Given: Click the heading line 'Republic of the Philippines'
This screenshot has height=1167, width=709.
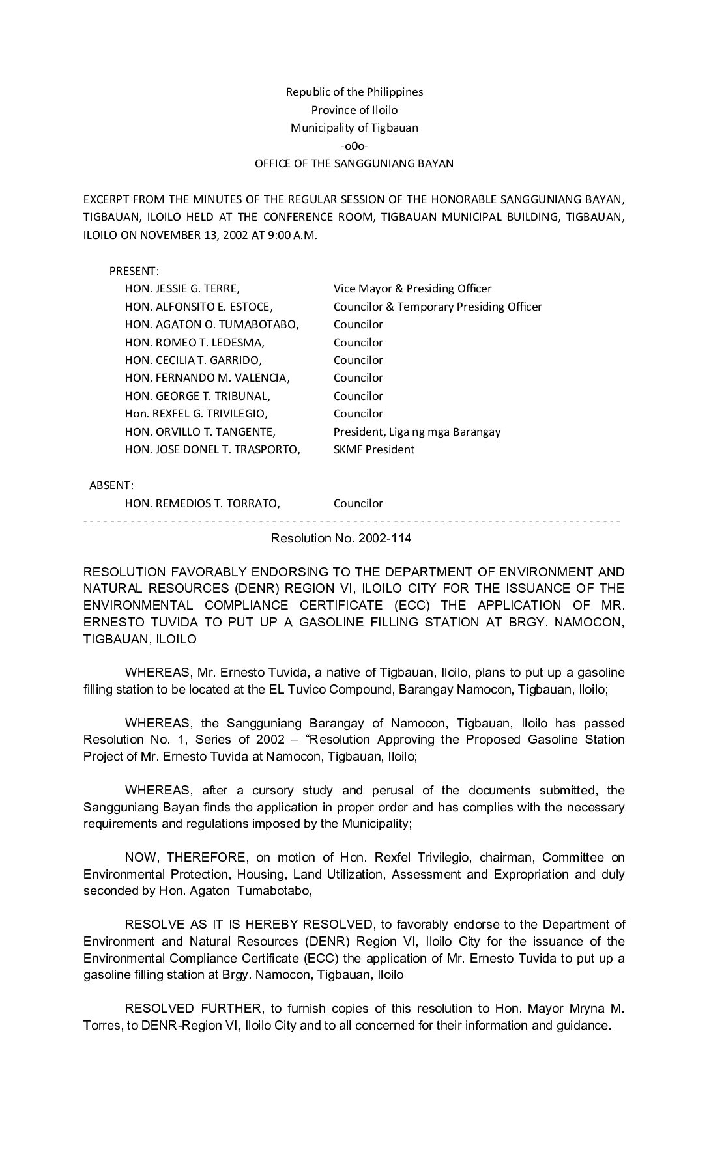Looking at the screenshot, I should tap(354, 92).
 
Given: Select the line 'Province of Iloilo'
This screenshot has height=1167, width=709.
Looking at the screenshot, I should tap(354, 110).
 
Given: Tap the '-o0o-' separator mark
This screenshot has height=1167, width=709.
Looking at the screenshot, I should tap(354, 146).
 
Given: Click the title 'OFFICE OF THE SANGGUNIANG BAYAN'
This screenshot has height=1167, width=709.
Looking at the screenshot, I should tap(354, 163).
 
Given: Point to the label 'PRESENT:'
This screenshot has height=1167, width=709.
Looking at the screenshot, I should tap(134, 271).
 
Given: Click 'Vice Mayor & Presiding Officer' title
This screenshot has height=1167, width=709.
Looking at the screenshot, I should tap(412, 288).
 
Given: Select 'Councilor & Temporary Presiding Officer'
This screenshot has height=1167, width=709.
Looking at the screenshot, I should tap(437, 307).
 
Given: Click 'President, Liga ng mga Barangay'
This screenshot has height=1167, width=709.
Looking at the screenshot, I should tap(417, 432).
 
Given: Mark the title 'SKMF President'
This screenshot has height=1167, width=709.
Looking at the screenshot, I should tap(373, 449).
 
